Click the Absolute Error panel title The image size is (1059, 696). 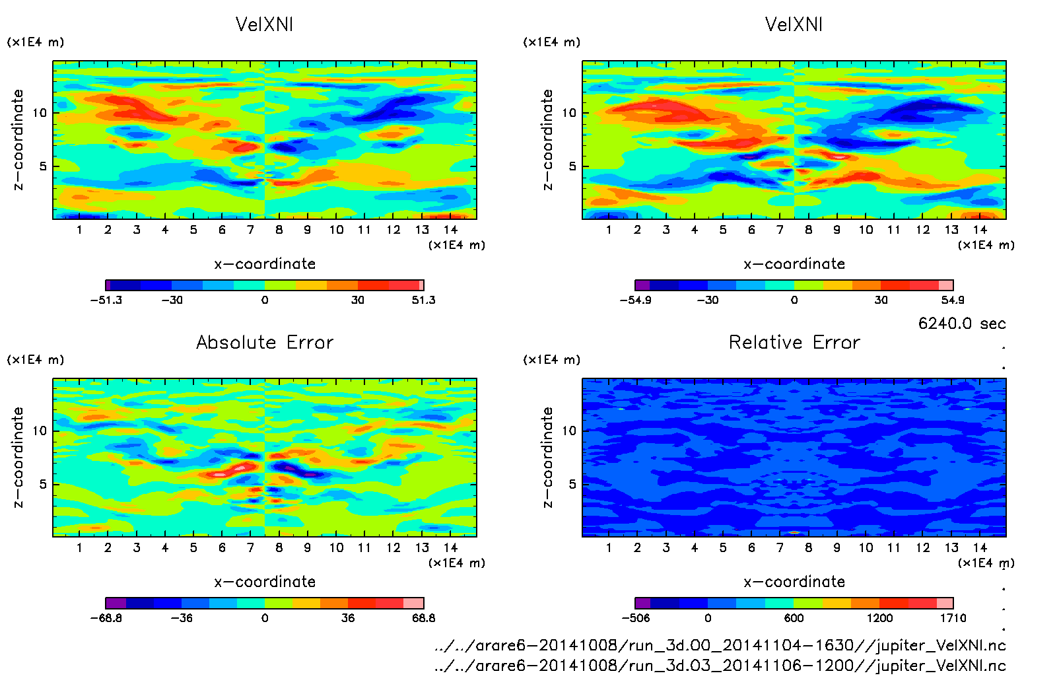pyautogui.click(x=265, y=342)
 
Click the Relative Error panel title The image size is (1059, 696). pyautogui.click(x=794, y=342)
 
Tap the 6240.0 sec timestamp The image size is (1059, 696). pyautogui.click(x=961, y=324)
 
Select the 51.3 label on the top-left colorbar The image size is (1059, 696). pyautogui.click(x=423, y=300)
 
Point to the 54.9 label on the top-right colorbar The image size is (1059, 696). pyautogui.click(x=952, y=300)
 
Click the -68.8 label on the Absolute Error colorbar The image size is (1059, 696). pyautogui.click(x=106, y=618)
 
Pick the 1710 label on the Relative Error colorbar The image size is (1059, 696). pyautogui.click(x=952, y=618)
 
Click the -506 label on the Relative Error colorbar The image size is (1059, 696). pyautogui.click(x=636, y=618)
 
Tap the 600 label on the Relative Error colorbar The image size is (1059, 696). pyautogui.click(x=794, y=618)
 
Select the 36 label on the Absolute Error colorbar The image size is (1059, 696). pyautogui.click(x=347, y=618)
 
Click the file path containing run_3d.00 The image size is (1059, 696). pyautogui.click(x=720, y=645)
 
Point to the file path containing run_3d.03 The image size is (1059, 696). pyautogui.click(x=720, y=666)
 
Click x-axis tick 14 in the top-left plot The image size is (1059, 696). pyautogui.click(x=450, y=230)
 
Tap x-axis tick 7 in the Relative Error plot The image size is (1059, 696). pyautogui.click(x=780, y=547)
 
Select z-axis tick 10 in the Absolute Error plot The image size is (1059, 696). pyautogui.click(x=40, y=431)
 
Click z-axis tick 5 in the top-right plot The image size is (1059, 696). pyautogui.click(x=572, y=166)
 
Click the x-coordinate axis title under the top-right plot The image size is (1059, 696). pyautogui.click(x=794, y=264)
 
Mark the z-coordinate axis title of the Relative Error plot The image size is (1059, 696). pyautogui.click(x=547, y=457)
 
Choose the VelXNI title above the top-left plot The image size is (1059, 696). pyautogui.click(x=264, y=24)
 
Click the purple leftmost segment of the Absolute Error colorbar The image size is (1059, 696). pyautogui.click(x=116, y=603)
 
